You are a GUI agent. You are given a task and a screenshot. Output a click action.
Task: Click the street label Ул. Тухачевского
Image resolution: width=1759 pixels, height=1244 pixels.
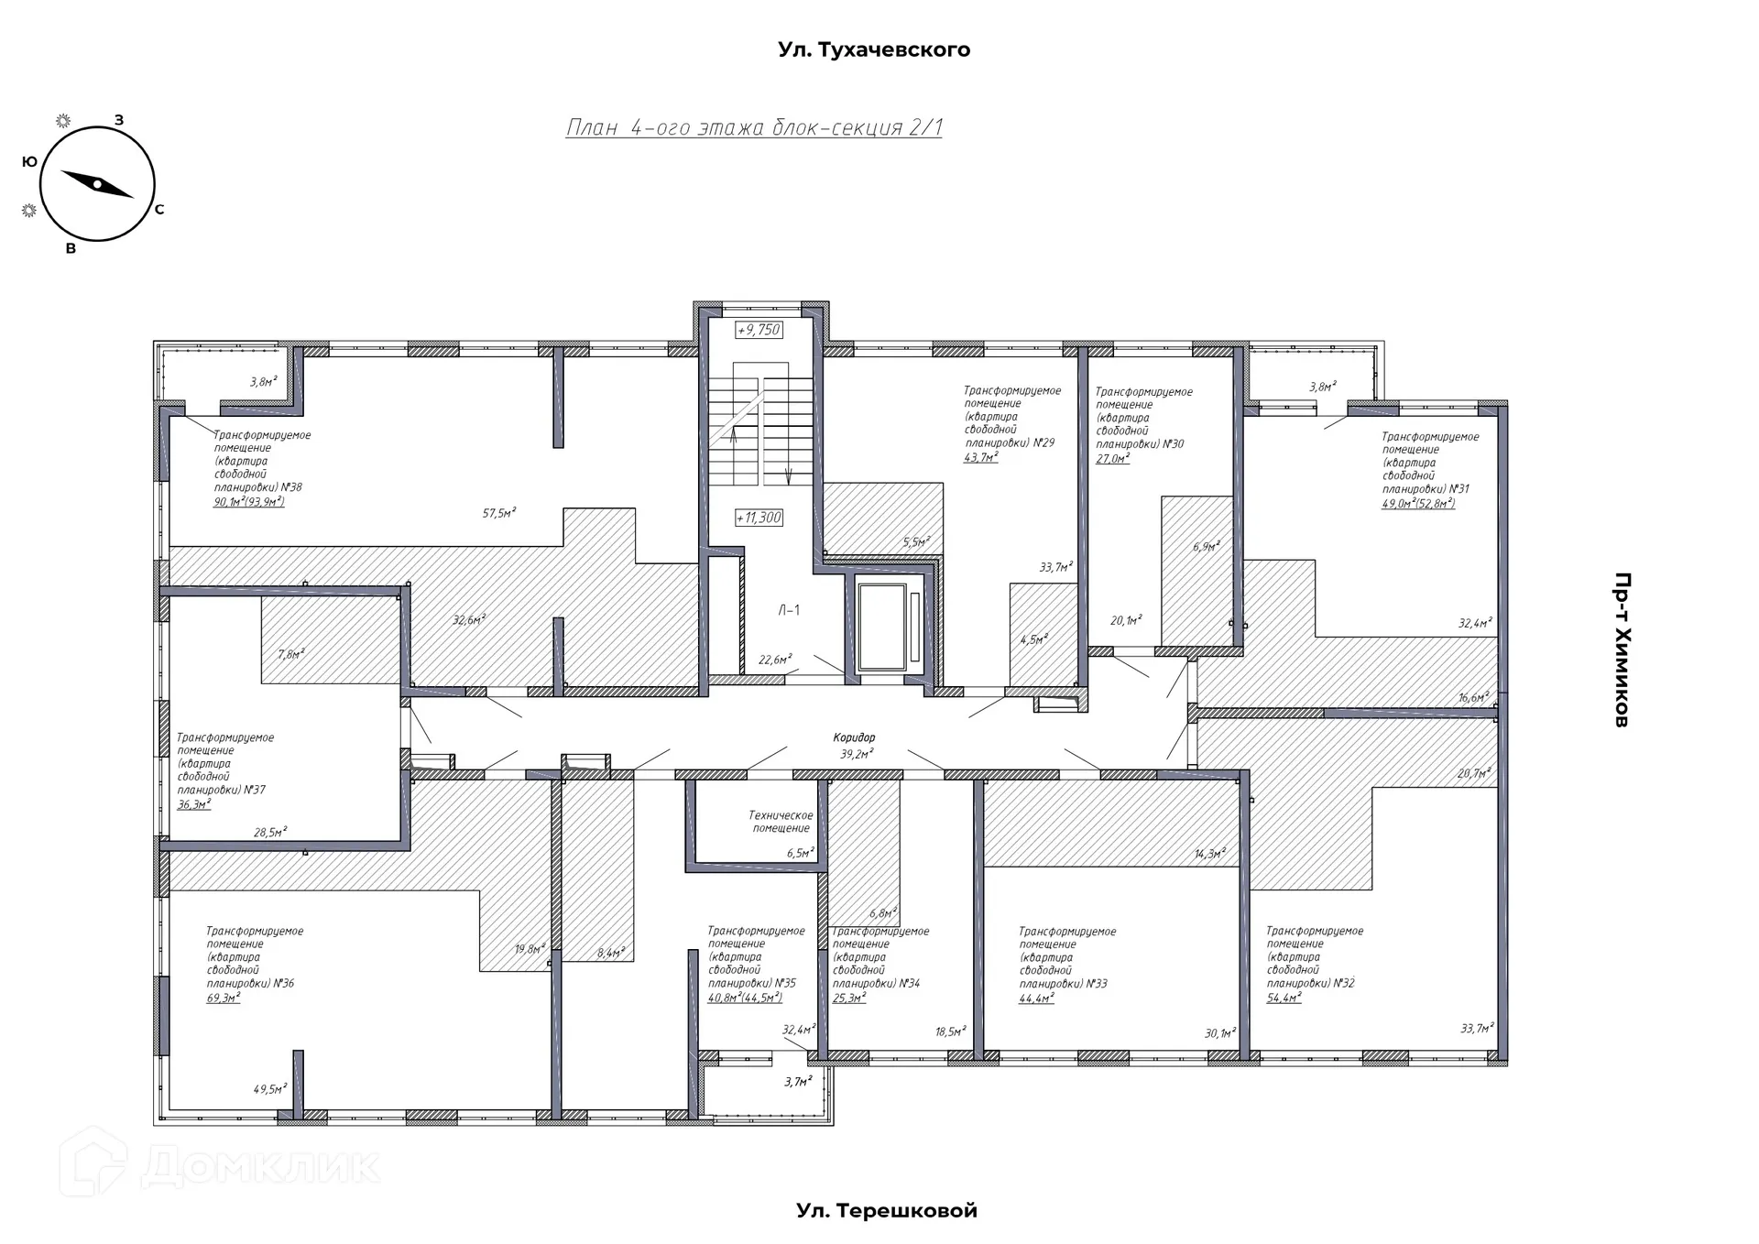click(874, 49)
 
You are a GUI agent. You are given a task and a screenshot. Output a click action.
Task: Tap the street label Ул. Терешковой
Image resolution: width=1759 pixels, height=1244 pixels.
click(887, 1211)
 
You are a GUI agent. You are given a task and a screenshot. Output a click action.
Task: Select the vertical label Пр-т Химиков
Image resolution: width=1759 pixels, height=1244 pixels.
click(1621, 649)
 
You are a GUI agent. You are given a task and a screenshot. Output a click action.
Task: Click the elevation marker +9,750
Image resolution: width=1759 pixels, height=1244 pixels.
click(759, 330)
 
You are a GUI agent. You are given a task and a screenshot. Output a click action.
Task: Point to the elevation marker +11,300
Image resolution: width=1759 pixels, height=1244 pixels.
click(759, 518)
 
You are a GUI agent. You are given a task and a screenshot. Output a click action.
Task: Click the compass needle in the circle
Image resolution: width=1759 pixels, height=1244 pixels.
click(97, 184)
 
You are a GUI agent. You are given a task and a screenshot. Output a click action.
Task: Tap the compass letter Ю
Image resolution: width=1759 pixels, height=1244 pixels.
click(29, 161)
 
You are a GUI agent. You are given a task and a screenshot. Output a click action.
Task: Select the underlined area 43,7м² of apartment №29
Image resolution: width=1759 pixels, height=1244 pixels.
click(980, 457)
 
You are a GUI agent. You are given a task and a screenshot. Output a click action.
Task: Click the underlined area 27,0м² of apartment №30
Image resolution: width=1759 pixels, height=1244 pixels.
click(1112, 459)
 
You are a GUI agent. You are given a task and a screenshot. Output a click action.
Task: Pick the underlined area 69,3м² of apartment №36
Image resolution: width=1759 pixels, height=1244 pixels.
click(224, 998)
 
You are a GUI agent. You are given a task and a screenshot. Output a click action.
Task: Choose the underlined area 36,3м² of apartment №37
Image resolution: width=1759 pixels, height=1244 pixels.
click(194, 804)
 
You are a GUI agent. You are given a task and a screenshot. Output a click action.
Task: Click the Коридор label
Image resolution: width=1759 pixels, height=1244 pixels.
click(854, 737)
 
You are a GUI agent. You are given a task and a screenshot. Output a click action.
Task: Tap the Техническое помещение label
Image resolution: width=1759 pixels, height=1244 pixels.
click(781, 822)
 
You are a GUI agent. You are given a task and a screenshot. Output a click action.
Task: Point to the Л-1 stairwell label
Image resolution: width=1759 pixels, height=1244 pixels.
click(789, 610)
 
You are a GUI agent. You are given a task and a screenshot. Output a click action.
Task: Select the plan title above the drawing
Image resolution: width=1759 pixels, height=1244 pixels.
click(754, 127)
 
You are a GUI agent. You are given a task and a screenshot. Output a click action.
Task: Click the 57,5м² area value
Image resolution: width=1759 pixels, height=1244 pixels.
click(499, 513)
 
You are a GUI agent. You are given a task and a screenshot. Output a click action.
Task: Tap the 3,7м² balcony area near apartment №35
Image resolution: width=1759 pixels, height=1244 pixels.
click(798, 1082)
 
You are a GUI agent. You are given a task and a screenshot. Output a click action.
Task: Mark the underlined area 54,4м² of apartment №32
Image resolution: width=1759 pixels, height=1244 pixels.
click(1284, 998)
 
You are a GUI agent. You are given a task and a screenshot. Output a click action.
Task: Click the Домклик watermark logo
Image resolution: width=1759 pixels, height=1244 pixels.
click(220, 1163)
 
